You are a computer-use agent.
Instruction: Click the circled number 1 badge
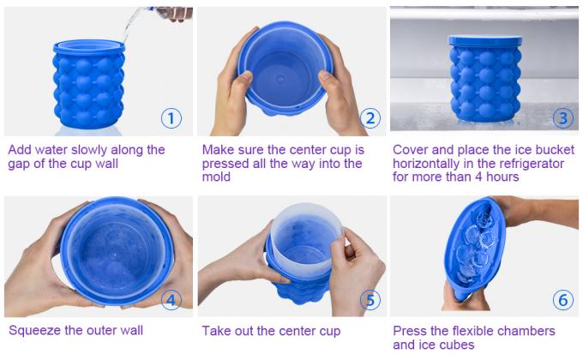[x=171, y=118]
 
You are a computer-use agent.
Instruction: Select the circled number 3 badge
[x=562, y=118]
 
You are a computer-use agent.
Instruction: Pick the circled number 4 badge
[x=171, y=300]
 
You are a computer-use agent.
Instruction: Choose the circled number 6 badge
[x=562, y=300]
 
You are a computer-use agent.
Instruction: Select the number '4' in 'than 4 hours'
[x=483, y=177]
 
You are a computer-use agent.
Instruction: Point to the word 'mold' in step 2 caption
[x=218, y=177]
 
